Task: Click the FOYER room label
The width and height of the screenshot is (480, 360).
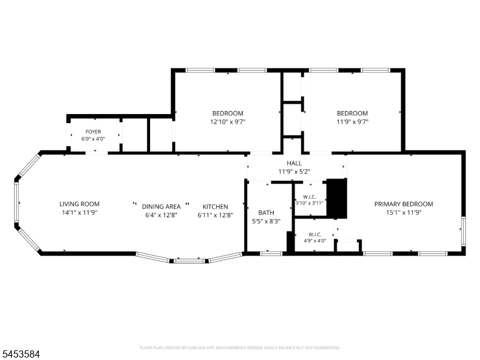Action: (93, 131)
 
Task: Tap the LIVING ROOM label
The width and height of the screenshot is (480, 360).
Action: (79, 204)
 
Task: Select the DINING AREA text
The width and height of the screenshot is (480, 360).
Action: (161, 206)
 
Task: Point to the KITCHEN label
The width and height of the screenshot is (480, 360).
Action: (215, 206)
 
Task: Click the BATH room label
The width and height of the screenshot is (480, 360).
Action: (266, 213)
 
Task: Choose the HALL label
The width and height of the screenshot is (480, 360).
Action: (294, 163)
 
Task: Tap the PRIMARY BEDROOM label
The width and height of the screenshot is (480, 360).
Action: (403, 204)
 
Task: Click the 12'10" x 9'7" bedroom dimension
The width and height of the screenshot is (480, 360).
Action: (228, 122)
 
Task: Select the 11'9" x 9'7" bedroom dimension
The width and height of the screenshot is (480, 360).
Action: (352, 122)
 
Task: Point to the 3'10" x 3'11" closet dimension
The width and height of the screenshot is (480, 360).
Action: (310, 203)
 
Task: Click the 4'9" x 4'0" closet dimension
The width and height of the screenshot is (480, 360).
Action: (314, 241)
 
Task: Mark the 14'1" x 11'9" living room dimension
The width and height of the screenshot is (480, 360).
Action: (79, 212)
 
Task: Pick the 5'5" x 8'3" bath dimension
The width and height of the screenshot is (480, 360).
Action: (266, 221)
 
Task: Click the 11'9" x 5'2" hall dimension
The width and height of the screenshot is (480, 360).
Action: (294, 172)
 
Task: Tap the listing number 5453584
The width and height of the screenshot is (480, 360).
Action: (20, 355)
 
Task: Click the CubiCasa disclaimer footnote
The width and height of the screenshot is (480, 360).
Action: (239, 348)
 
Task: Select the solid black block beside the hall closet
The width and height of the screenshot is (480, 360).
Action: (337, 199)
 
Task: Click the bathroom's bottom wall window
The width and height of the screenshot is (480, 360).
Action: (271, 253)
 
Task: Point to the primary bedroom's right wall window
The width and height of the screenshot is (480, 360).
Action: (463, 230)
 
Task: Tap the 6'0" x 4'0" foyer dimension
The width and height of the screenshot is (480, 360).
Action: (93, 139)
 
